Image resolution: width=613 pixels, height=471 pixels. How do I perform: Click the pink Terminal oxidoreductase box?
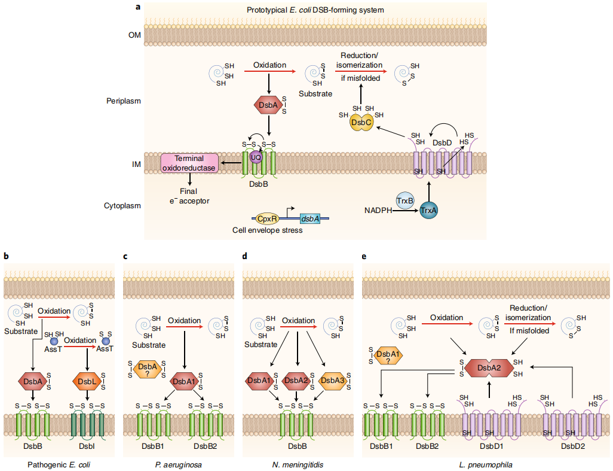[x=189, y=163]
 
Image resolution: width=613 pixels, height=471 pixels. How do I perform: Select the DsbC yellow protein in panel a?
[x=361, y=121]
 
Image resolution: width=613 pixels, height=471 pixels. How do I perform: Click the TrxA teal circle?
[x=428, y=211]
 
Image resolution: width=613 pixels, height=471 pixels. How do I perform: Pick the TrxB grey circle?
[x=406, y=200]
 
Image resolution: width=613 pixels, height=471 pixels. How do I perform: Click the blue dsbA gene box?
[x=309, y=219]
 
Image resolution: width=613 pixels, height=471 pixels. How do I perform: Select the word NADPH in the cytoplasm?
[x=379, y=211]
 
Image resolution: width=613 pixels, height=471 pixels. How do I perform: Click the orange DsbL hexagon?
[x=87, y=381]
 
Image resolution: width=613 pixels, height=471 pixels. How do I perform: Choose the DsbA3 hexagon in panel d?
[x=333, y=380]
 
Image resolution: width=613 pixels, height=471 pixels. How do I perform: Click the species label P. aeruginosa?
[x=178, y=464]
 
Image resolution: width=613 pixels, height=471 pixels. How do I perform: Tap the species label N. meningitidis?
[x=298, y=464]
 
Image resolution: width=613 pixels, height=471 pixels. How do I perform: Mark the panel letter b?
[x=6, y=256]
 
